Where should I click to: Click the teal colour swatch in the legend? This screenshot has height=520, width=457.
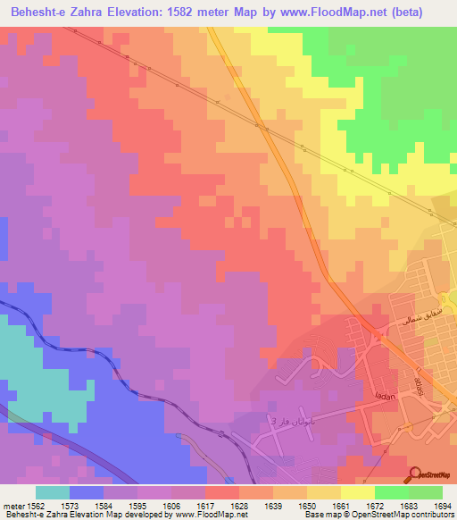point(53,492)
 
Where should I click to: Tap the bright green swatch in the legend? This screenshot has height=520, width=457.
point(392,492)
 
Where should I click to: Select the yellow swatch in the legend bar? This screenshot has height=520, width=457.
point(358,492)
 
